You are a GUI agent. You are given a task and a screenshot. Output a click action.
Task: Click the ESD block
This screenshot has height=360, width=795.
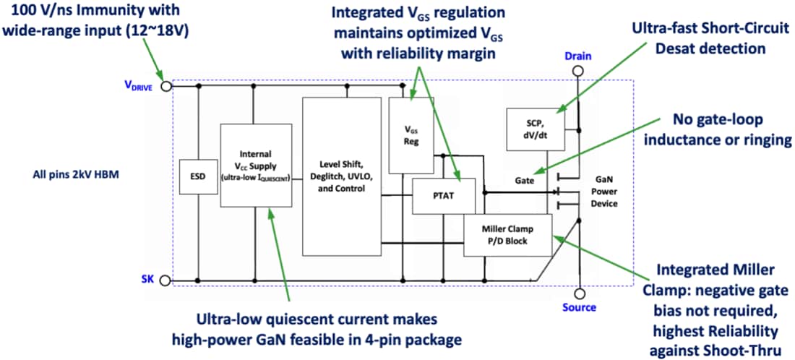[x=199, y=174]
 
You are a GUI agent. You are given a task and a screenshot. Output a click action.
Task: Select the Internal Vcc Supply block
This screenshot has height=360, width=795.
[x=256, y=165]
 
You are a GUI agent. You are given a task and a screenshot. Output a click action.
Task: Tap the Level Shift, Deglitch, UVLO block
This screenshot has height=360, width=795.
[x=341, y=176]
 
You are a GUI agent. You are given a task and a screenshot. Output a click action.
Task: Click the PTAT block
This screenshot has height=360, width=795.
[x=444, y=195]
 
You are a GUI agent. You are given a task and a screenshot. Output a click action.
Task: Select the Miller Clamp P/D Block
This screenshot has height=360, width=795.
[x=507, y=235]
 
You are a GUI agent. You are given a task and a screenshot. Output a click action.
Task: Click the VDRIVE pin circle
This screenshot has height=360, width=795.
[x=166, y=86]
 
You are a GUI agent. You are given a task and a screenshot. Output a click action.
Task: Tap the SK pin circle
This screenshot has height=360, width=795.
[x=166, y=280]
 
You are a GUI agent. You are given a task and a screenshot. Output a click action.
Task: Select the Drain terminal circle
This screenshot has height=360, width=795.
[x=578, y=71]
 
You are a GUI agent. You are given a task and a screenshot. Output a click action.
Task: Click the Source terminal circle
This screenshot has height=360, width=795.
[x=578, y=293]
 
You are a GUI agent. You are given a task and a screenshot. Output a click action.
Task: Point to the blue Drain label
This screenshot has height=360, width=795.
[x=578, y=56]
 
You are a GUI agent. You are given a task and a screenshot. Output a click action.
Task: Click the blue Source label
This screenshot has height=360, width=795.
[x=579, y=308]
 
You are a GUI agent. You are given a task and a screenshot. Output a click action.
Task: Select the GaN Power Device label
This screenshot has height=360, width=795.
[x=604, y=192]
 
